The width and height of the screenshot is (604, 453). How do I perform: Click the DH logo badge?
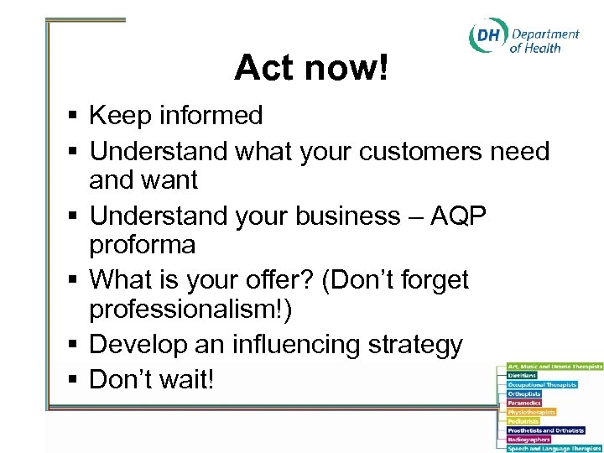tap(487, 36)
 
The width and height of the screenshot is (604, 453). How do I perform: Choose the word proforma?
tap(143, 246)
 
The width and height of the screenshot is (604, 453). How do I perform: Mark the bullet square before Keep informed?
tap(74, 116)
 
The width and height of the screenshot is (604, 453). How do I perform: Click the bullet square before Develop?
tap(74, 345)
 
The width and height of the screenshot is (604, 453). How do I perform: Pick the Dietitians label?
tap(523, 375)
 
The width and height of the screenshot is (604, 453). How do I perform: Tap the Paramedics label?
tap(524, 403)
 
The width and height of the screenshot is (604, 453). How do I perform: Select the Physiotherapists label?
tap(531, 412)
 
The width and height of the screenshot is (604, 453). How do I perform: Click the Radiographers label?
tap(528, 440)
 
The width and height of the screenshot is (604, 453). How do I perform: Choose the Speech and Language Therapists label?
tap(554, 449)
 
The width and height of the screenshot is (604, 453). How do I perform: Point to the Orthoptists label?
tap(524, 393)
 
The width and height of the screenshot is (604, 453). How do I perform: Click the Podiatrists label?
tap(523, 421)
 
